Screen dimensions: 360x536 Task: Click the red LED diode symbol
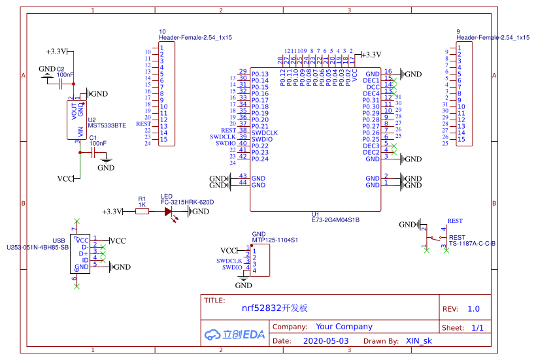pyautogui.click(x=169, y=212)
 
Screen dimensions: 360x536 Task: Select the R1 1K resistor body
pyautogui.click(x=142, y=212)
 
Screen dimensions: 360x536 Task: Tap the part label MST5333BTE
pyautogui.click(x=107, y=125)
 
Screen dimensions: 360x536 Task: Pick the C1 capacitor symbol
pyautogui.click(x=93, y=152)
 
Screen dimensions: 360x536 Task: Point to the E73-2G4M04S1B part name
pyautogui.click(x=335, y=220)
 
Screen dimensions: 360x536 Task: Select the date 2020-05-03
pyautogui.click(x=326, y=341)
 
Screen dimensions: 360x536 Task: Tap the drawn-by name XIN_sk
pyautogui.click(x=419, y=341)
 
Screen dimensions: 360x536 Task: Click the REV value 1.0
pyautogui.click(x=474, y=309)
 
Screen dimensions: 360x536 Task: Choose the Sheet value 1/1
pyautogui.click(x=477, y=328)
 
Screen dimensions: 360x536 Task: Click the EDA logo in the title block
pyautogui.click(x=235, y=335)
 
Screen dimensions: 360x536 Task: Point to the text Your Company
pyautogui.click(x=344, y=327)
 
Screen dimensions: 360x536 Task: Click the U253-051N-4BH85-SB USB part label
pyautogui.click(x=37, y=248)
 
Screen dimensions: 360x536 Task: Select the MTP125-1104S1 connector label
pyautogui.click(x=275, y=240)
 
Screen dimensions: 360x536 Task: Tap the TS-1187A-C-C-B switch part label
pyautogui.click(x=472, y=244)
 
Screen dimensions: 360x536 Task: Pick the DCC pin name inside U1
pyautogui.click(x=373, y=87)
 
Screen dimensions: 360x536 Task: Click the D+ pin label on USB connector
pyautogui.click(x=83, y=254)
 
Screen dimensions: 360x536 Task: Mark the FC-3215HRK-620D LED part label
pyautogui.click(x=187, y=203)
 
